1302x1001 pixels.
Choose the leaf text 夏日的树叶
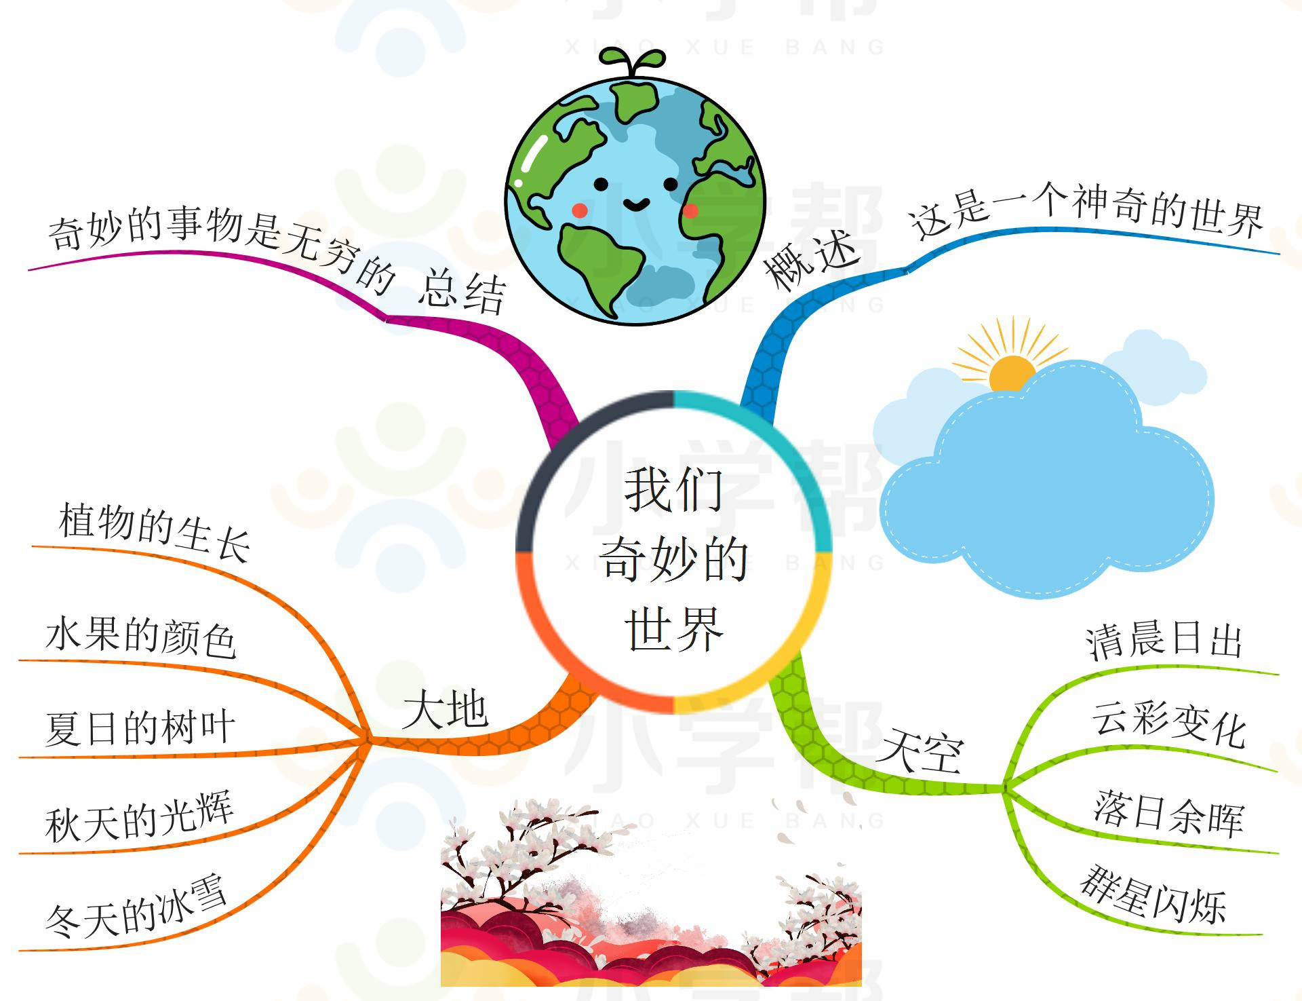140,728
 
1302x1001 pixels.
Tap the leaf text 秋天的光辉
139,816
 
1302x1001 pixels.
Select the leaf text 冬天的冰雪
136,905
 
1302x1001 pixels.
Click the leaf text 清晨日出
1164,640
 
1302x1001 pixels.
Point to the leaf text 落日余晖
1168,812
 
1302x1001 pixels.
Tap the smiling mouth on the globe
635,203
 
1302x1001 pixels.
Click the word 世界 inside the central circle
673,629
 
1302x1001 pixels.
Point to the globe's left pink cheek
579,210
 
